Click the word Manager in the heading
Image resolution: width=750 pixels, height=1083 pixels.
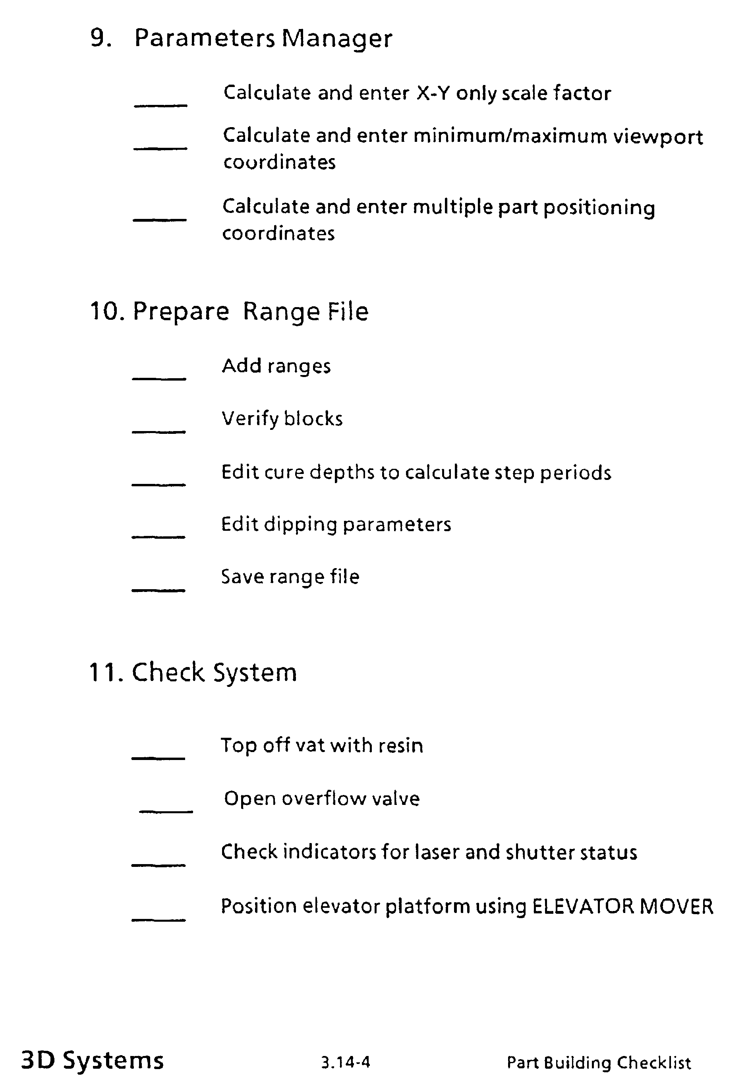[x=336, y=39]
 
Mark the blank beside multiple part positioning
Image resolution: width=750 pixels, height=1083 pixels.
[x=160, y=219]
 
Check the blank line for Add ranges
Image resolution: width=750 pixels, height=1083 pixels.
[x=159, y=378]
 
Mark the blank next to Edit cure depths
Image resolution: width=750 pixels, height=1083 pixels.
[x=159, y=484]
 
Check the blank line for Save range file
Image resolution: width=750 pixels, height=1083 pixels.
[x=159, y=590]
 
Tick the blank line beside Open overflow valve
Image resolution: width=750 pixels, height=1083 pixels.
[x=166, y=811]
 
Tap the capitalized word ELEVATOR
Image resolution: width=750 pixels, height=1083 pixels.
[x=582, y=906]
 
